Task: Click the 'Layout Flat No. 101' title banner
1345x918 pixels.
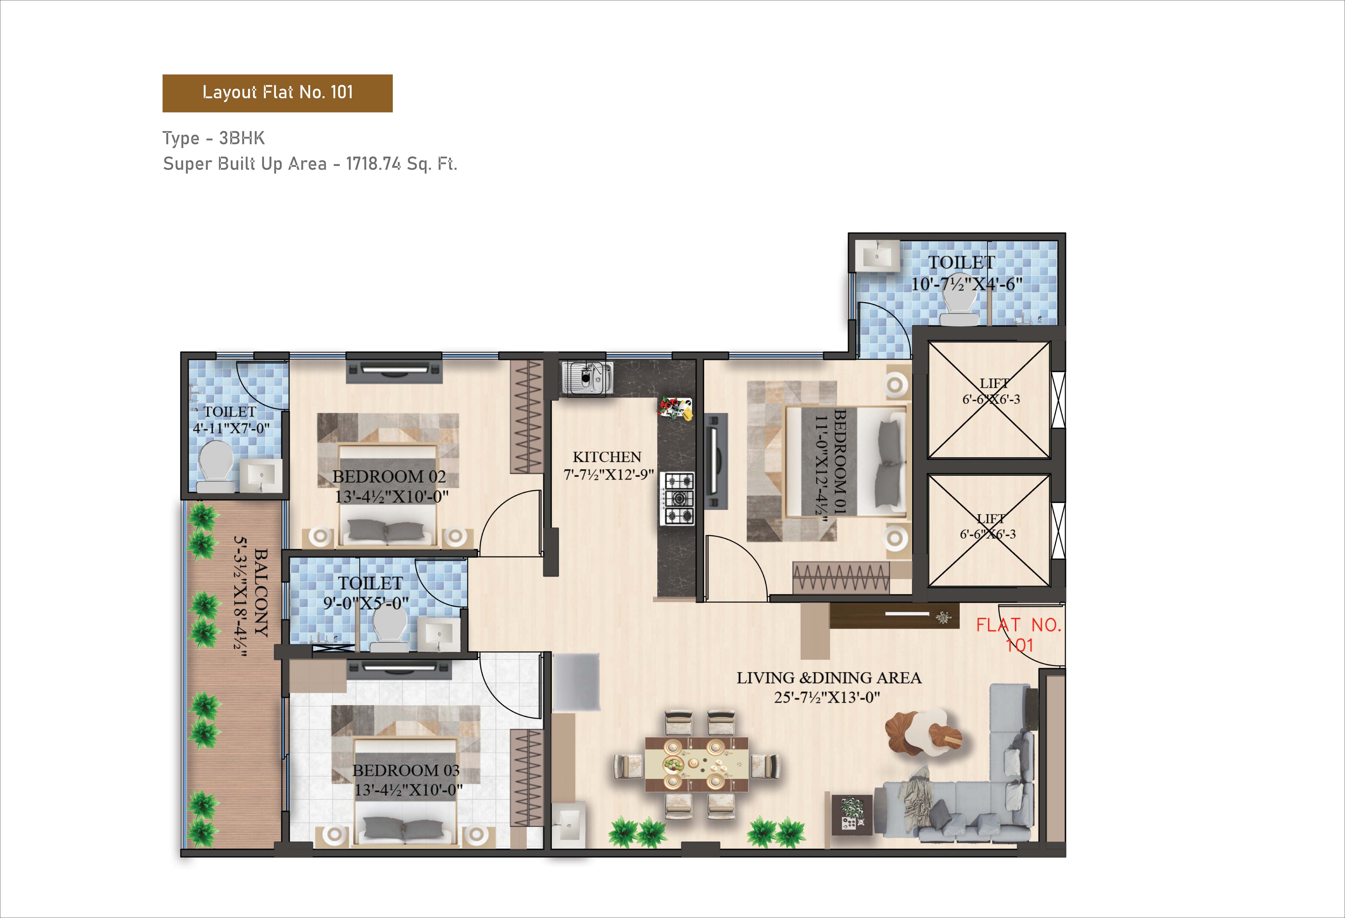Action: click(277, 93)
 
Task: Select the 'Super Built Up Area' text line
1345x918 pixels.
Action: click(310, 164)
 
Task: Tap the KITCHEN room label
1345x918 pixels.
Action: click(607, 457)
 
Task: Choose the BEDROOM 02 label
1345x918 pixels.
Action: click(389, 477)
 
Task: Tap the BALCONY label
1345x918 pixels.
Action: click(262, 593)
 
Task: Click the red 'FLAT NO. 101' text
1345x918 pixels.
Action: click(1019, 635)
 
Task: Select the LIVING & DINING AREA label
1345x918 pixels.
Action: click(829, 678)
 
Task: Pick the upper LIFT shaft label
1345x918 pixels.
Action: click(994, 384)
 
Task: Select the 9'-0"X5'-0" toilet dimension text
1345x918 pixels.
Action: click(366, 603)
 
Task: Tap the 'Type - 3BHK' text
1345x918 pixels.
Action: click(214, 138)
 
